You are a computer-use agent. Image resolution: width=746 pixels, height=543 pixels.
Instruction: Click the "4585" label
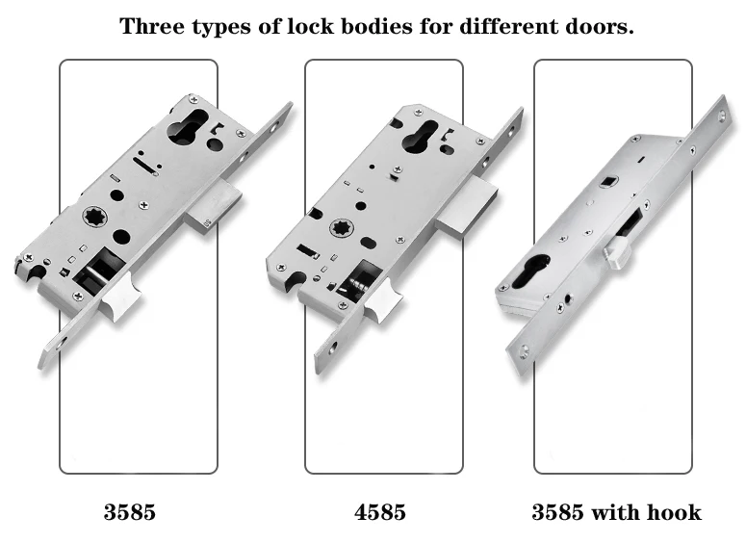(380, 512)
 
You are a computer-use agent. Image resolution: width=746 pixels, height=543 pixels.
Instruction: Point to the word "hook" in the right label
(674, 512)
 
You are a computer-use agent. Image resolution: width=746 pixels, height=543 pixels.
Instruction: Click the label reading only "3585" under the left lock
(130, 512)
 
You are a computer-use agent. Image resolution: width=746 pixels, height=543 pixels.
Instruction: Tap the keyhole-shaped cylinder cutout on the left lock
(187, 127)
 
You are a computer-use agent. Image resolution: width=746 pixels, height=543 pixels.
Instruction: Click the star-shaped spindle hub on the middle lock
(340, 229)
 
